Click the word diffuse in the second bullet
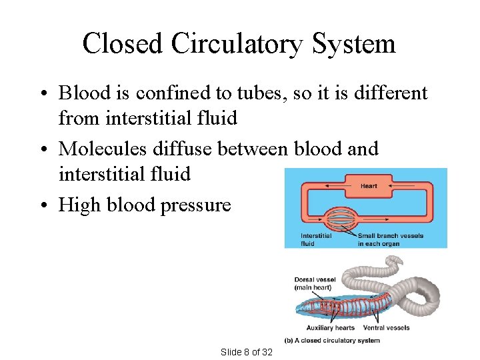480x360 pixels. (x=187, y=149)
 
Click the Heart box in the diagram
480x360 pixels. (x=369, y=186)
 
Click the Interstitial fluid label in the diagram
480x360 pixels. (x=316, y=239)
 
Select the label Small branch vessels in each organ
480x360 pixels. (x=390, y=239)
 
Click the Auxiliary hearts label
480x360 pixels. (x=330, y=328)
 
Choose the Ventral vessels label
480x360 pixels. (x=387, y=328)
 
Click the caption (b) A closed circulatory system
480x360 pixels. (x=332, y=341)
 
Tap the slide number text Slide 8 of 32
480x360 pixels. (x=246, y=351)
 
